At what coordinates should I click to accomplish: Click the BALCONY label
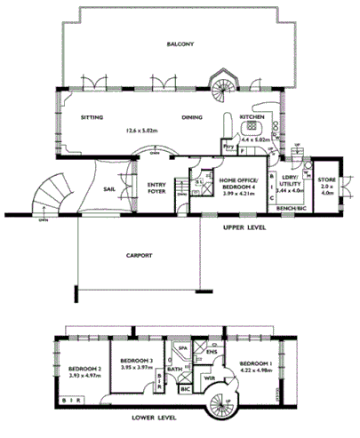click(x=180, y=44)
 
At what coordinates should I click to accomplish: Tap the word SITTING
click(x=92, y=116)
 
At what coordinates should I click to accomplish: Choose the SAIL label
click(x=108, y=188)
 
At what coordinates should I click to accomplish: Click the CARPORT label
click(x=138, y=255)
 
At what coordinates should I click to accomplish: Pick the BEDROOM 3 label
click(x=136, y=359)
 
